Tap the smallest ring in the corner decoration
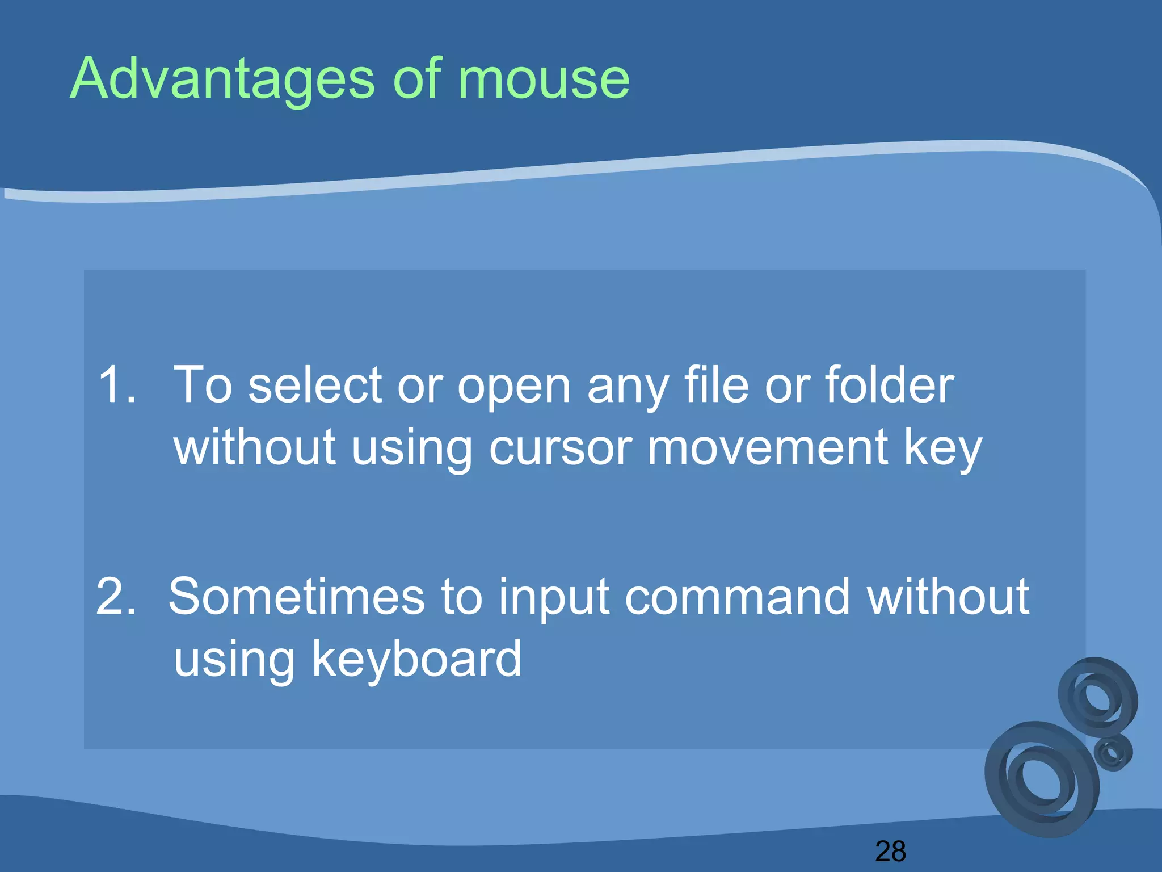click(x=1113, y=752)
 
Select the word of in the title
click(x=417, y=79)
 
